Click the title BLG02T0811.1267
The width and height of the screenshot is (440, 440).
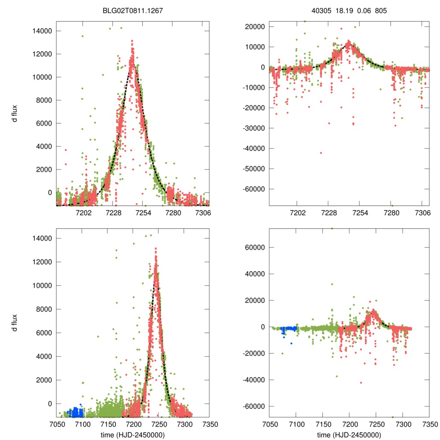[x=132, y=10]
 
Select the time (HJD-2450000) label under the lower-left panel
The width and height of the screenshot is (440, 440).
[x=132, y=435]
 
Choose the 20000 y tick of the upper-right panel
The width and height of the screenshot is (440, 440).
[x=256, y=27]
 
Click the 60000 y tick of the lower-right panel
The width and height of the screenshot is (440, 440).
[x=256, y=247]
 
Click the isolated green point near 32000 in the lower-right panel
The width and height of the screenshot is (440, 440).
[x=332, y=284]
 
